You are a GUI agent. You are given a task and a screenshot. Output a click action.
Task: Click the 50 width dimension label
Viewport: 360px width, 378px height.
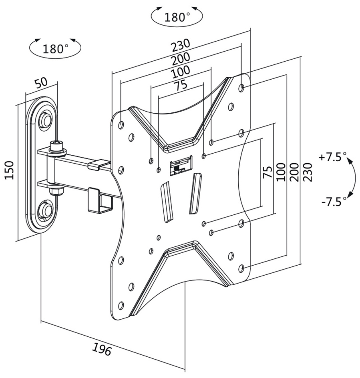point(41,83)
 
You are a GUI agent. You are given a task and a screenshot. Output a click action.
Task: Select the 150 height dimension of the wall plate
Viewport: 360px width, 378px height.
point(9,170)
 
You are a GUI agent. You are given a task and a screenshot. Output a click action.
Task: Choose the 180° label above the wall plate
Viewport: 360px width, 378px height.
point(55,49)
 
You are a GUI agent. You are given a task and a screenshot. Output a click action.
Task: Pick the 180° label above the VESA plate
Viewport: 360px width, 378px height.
point(177,17)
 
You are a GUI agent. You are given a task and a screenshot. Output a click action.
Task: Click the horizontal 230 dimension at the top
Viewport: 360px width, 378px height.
point(181,46)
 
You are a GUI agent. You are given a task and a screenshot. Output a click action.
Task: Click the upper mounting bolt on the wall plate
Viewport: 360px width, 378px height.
point(46,119)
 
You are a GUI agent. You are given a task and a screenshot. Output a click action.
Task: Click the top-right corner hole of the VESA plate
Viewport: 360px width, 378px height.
point(241,87)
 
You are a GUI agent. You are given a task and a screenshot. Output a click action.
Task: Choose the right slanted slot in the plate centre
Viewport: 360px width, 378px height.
point(195,192)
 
